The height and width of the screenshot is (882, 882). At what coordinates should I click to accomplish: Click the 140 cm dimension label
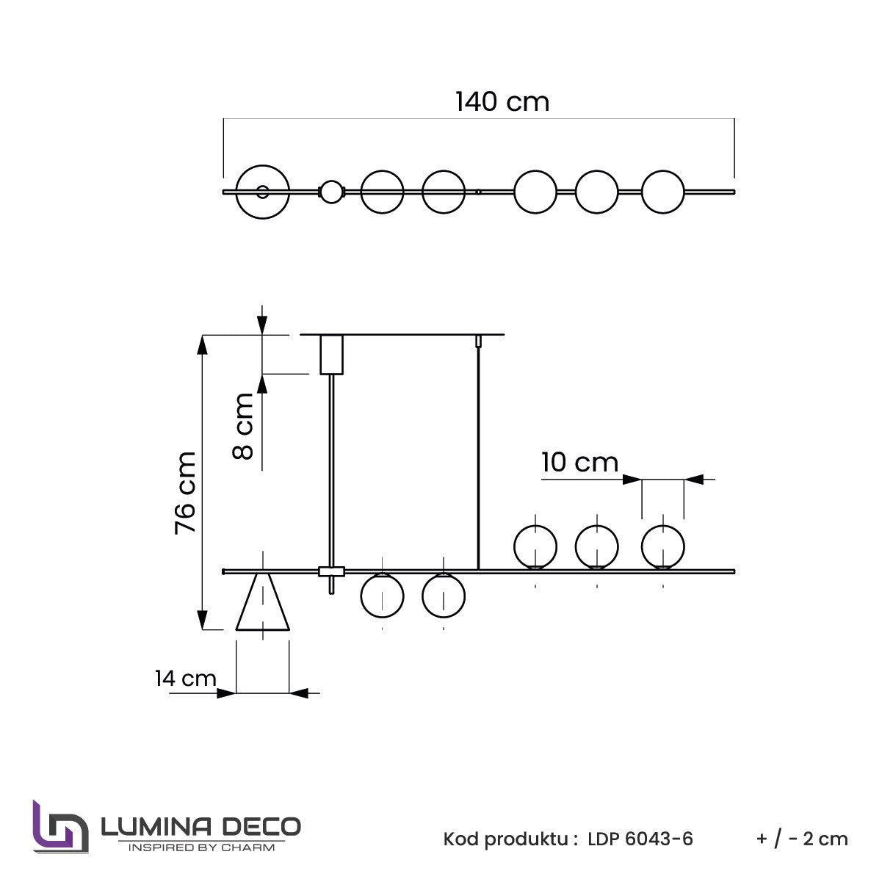pos(502,101)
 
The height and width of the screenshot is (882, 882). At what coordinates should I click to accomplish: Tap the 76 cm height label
pos(185,493)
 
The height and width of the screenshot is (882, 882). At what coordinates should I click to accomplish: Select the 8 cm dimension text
pos(242,426)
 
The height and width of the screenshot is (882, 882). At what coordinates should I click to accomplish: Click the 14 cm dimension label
pos(185,678)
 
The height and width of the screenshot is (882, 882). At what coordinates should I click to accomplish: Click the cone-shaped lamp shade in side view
pos(262,601)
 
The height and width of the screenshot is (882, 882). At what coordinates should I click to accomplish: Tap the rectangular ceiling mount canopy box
pos(331,355)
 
